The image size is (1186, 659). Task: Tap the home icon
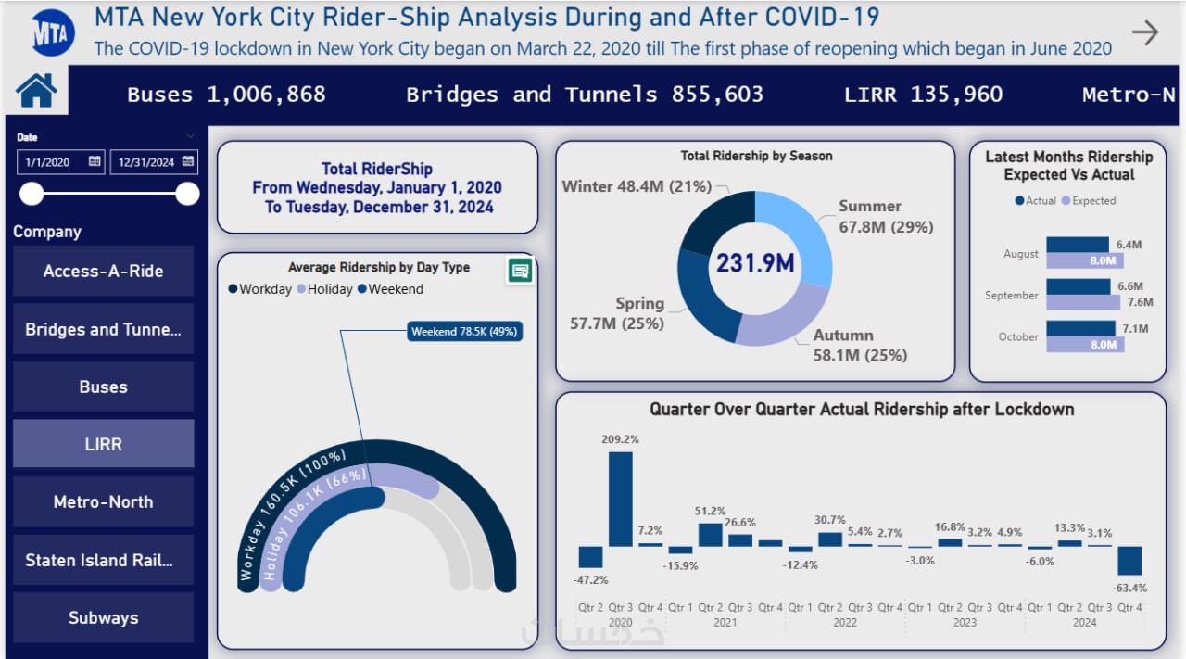tap(36, 91)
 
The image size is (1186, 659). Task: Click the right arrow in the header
tap(1145, 33)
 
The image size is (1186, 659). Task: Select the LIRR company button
tap(103, 444)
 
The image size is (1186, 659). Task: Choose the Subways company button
tap(103, 617)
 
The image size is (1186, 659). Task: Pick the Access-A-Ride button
tap(103, 271)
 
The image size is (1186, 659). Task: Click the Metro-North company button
tap(103, 501)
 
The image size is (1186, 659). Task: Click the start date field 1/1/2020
tap(59, 162)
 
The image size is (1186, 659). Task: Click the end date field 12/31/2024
tap(153, 162)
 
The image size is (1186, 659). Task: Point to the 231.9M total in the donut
tap(754, 263)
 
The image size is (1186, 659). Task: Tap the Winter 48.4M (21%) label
tap(637, 186)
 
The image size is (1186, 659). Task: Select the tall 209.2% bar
tap(620, 499)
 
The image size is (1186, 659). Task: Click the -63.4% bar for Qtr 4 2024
tap(1129, 561)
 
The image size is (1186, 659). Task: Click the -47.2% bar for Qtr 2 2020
tap(590, 556)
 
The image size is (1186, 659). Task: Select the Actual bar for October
tap(1080, 328)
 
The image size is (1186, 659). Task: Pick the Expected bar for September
tap(1083, 302)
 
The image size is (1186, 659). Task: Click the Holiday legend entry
tap(323, 289)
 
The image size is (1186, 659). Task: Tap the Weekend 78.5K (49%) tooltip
tap(463, 331)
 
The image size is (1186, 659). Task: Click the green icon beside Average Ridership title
tap(520, 271)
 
